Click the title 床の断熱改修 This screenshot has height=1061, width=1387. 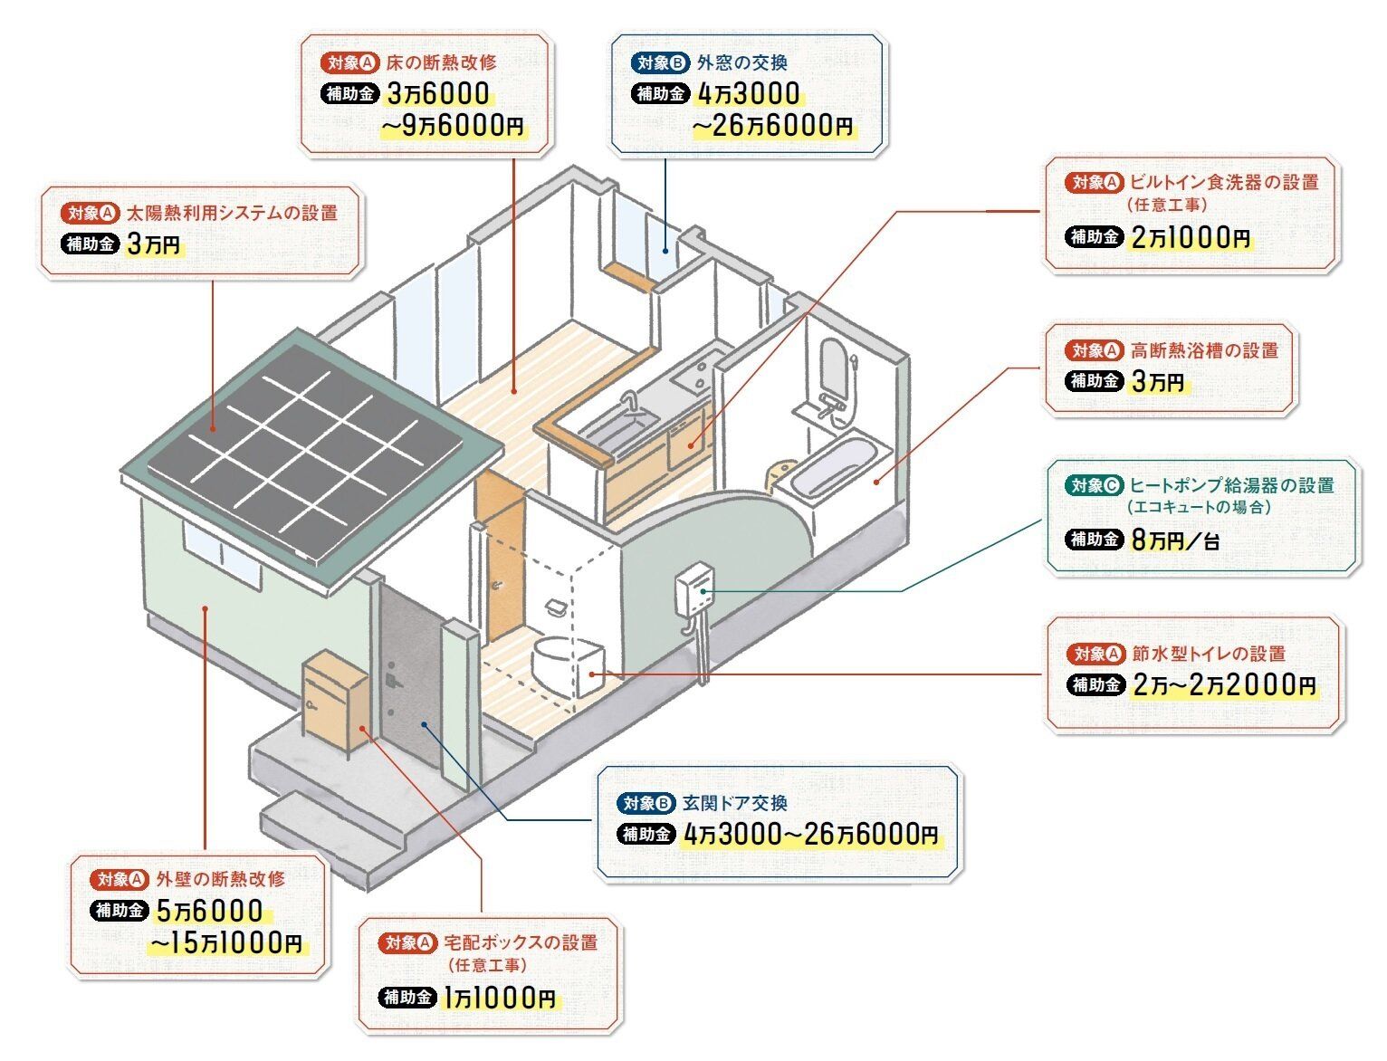441,62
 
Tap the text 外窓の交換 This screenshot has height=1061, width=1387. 741,62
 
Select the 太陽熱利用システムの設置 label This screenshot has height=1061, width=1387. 231,214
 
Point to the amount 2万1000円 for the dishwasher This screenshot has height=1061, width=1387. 1191,238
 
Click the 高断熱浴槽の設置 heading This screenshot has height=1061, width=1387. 1204,350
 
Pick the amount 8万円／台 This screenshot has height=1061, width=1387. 1175,540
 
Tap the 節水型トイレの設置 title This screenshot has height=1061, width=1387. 1209,653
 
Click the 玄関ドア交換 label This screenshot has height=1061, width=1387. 734,803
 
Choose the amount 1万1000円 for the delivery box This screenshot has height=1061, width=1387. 500,999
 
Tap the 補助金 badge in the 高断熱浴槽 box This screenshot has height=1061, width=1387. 1095,381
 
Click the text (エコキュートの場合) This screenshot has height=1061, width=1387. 1199,508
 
